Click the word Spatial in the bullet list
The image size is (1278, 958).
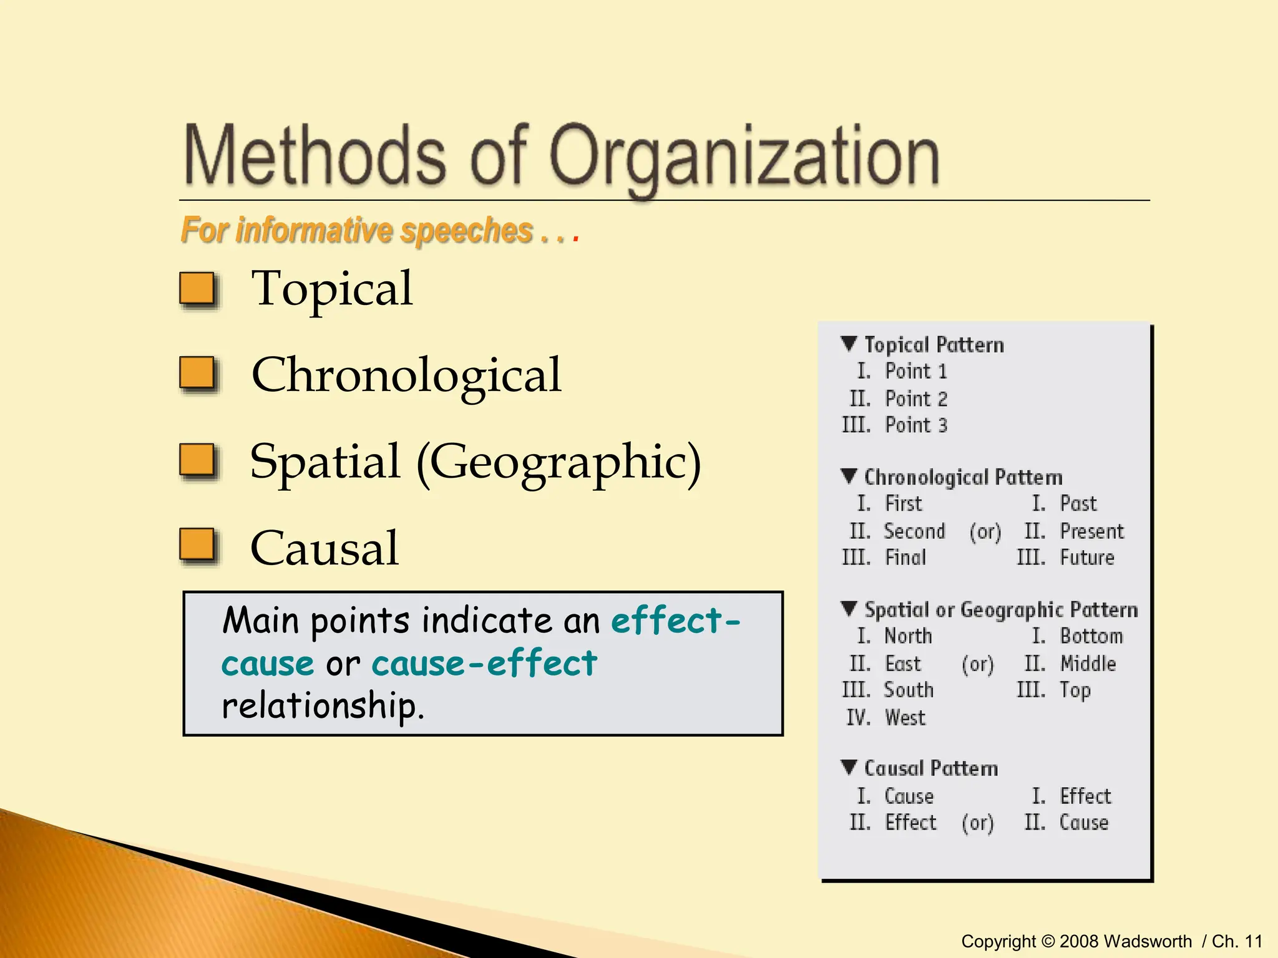(324, 462)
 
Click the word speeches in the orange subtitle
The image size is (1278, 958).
(466, 230)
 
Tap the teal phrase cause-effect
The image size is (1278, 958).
(484, 663)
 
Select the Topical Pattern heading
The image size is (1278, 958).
(934, 344)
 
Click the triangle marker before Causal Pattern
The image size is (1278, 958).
(849, 767)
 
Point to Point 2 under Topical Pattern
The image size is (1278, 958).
(916, 399)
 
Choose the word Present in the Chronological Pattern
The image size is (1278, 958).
(1091, 531)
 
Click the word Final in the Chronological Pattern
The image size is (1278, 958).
(905, 557)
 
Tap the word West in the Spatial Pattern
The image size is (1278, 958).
(905, 717)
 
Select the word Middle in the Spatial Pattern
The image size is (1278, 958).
(1088, 663)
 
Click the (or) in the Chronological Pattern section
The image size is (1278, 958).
(985, 531)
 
